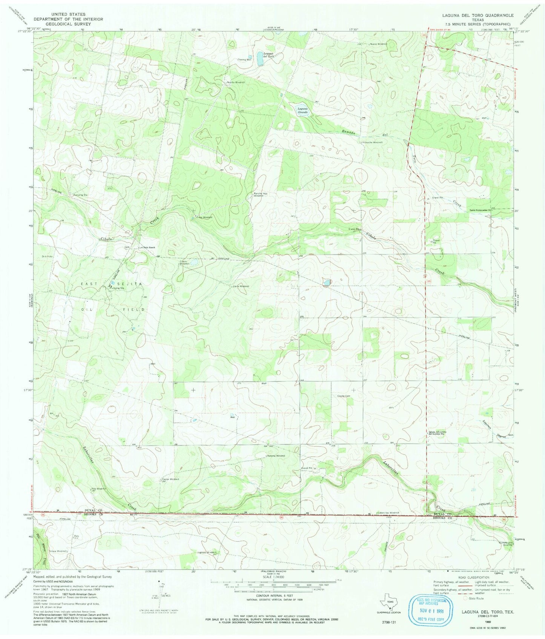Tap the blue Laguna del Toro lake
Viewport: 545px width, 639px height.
pyautogui.click(x=260, y=59)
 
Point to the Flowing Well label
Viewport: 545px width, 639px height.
pyautogui.click(x=244, y=60)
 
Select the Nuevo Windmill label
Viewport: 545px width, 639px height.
pyautogui.click(x=378, y=44)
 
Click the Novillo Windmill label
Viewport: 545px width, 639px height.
pyautogui.click(x=236, y=82)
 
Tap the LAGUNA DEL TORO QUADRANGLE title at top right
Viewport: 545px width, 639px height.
pyautogui.click(x=478, y=15)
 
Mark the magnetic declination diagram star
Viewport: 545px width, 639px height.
pyautogui.click(x=159, y=582)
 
